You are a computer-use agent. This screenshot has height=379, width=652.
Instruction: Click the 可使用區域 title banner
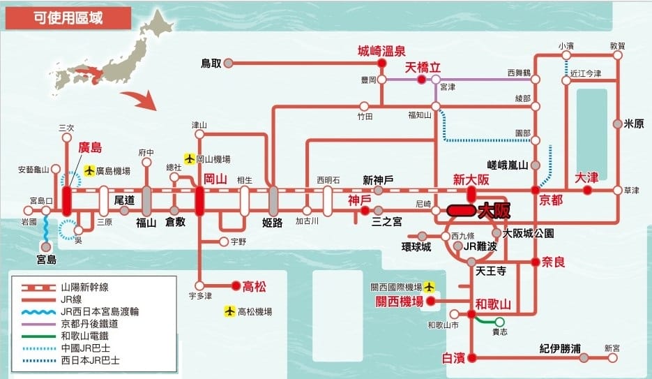68,17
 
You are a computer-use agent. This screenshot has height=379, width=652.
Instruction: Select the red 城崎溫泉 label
381,51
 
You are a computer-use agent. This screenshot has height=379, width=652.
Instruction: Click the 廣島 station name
90,148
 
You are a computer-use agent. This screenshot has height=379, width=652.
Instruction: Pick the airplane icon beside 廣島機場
89,170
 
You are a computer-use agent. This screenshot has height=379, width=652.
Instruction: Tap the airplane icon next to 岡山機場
189,158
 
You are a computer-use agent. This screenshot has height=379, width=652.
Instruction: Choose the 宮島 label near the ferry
46,260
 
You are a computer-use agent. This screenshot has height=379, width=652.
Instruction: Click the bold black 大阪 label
496,209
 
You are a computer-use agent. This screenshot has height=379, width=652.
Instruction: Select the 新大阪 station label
471,179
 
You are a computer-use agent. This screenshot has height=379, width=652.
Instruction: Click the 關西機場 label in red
399,302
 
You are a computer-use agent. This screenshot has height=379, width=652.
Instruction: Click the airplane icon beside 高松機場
229,311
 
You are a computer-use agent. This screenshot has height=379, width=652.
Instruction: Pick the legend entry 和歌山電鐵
81,335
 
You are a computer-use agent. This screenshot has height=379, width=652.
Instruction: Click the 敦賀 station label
617,46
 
